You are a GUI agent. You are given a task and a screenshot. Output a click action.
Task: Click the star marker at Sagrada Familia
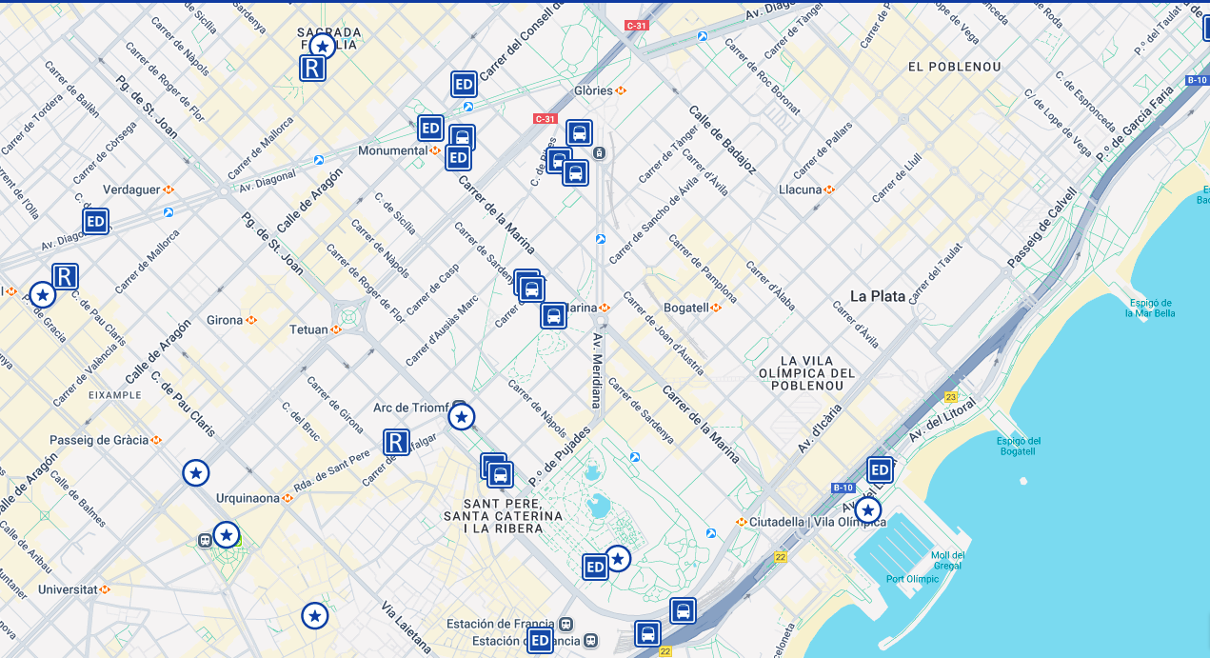[323, 46]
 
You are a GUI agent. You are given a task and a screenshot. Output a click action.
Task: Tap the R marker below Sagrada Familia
[313, 69]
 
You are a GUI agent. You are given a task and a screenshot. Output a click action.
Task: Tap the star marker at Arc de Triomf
[462, 417]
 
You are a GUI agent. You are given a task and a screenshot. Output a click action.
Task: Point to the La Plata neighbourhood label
[877, 296]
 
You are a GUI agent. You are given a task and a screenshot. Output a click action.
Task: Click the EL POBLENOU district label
[954, 67]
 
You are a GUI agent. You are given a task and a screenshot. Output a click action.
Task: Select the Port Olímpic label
[913, 579]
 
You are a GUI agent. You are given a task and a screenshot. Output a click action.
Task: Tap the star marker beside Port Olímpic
[867, 510]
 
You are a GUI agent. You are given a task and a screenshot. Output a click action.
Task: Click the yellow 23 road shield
[950, 397]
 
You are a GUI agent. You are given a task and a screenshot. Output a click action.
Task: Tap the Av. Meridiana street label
[597, 369]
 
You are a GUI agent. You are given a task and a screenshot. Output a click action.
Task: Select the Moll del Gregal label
[948, 561]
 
